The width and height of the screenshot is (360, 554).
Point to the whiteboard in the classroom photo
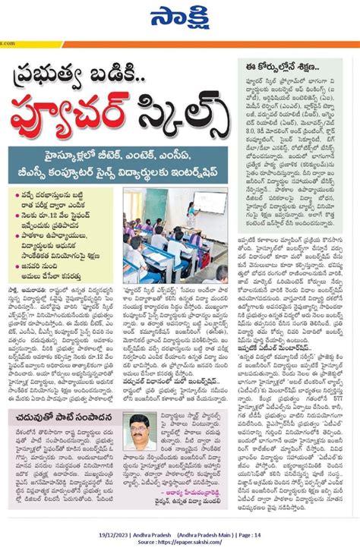click(210, 203)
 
